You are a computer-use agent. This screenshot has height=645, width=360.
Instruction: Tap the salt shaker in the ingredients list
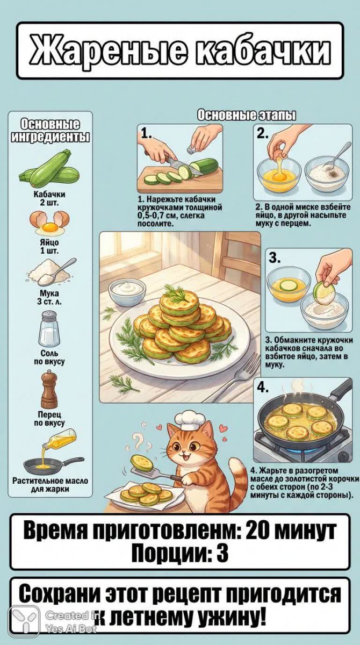coord(49,329)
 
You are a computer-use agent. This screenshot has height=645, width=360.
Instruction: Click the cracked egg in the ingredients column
coord(49,223)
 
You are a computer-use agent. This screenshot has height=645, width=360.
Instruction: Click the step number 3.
coord(274,257)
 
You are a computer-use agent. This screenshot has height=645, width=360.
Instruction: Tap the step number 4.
coord(262,388)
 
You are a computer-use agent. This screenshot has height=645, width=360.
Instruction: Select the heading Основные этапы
coord(246,116)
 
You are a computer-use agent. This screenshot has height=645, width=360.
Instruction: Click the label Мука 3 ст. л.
coord(49,298)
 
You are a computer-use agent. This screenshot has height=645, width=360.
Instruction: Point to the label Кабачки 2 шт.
coord(49,198)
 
